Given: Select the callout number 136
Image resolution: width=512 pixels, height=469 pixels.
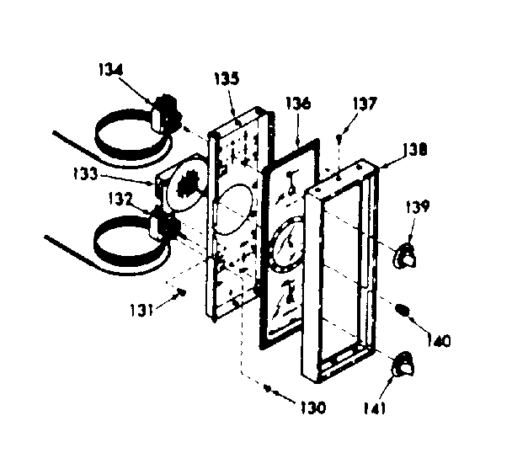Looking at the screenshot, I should (x=301, y=105).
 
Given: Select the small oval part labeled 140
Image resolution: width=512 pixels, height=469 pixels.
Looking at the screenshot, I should (x=404, y=312).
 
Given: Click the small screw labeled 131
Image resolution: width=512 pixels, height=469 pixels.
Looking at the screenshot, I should (x=180, y=292).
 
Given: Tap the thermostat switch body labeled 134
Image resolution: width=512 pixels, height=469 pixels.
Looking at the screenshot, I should (x=168, y=111).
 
